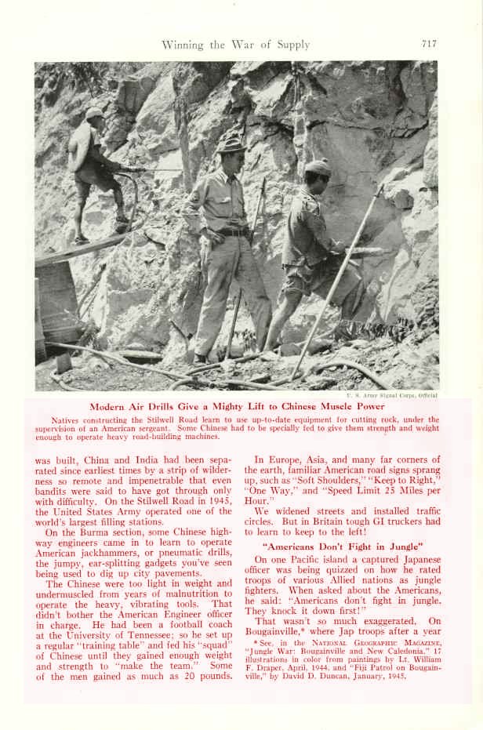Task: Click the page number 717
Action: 428,44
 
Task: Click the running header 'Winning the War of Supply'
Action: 235,45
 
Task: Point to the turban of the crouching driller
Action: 319,166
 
